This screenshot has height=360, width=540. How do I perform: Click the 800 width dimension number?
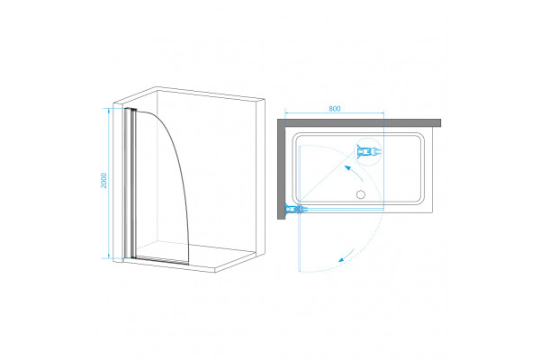335,109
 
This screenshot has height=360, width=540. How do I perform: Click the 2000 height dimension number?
103,181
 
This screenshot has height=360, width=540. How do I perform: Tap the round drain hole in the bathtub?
361,194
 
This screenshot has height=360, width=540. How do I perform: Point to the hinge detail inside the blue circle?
369,151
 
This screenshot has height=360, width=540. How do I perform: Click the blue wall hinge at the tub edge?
293,209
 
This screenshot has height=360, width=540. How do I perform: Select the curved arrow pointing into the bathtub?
354,173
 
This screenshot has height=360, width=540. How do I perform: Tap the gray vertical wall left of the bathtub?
282,169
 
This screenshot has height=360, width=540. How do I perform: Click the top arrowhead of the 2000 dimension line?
109,110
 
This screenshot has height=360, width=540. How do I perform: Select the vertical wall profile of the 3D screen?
130,184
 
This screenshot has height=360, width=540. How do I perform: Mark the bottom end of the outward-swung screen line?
301,271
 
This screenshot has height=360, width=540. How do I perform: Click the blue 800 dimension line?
335,112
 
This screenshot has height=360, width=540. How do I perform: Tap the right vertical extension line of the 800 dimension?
383,159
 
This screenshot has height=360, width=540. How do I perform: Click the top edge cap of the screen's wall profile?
130,110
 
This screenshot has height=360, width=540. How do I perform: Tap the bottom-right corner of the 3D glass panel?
188,265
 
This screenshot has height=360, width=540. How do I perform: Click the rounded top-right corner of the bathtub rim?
419,137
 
